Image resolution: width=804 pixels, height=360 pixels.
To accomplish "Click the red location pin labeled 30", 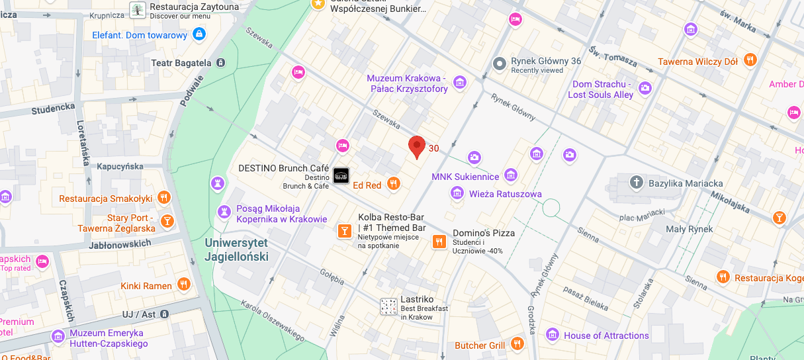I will coord(416,146).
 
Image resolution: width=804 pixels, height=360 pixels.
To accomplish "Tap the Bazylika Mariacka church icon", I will coord(636,182).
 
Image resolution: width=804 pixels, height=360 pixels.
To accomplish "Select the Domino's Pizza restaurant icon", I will coord(438,242).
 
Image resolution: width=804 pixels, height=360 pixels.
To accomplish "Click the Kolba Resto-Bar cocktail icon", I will coord(344,230).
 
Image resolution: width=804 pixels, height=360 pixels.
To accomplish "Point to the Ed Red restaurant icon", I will coord(394,184).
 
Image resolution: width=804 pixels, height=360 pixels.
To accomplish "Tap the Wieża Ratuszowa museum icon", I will coord(457,193).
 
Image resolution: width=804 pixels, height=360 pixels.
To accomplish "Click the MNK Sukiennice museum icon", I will coord(510,175).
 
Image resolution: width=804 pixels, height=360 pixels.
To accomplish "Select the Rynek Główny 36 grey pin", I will coord(500,64).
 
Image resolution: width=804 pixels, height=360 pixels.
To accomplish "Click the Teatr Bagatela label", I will coord(181,63).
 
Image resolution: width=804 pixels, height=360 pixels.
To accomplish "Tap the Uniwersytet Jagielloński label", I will coord(236,249).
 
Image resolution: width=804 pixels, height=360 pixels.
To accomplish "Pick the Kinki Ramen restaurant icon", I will coord(184,285).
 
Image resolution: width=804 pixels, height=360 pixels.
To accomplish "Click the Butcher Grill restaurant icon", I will coord(517,344).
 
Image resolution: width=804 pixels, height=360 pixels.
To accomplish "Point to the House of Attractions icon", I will coord(553,335).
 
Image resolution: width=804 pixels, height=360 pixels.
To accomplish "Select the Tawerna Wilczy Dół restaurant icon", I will coord(750,60).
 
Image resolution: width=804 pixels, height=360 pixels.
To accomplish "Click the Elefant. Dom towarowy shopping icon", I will coord(199,34).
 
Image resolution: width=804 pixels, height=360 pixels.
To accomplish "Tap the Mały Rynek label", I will coord(689,229).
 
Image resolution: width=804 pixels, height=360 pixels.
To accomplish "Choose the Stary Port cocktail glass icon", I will coord(167,220).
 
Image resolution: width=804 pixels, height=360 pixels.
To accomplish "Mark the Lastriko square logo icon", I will coord(388,306).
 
